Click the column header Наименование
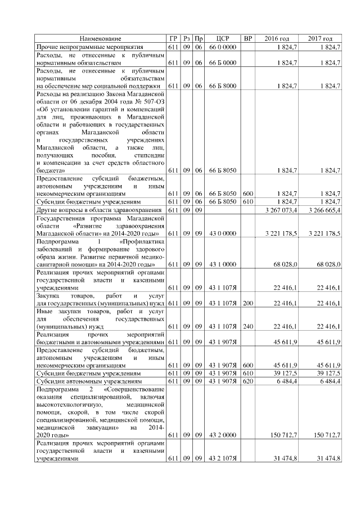coord(100,38)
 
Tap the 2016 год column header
coord(277,38)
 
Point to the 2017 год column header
coord(320,38)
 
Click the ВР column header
coord(248,38)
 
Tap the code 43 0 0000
coord(222,233)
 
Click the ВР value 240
coord(248,326)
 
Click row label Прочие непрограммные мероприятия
coord(90,47)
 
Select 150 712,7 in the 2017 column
coord(326,435)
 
